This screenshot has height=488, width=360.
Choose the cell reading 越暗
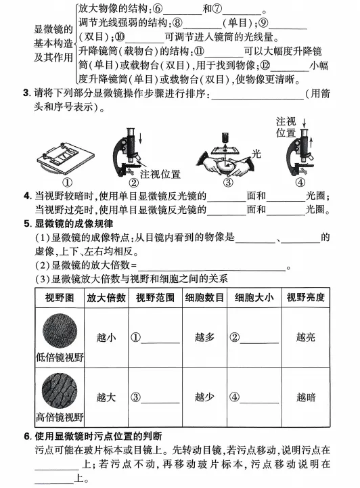(305, 397)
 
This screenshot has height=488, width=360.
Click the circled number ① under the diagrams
(68, 181)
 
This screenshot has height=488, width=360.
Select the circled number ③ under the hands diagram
(227, 181)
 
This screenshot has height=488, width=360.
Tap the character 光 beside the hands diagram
(256, 154)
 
